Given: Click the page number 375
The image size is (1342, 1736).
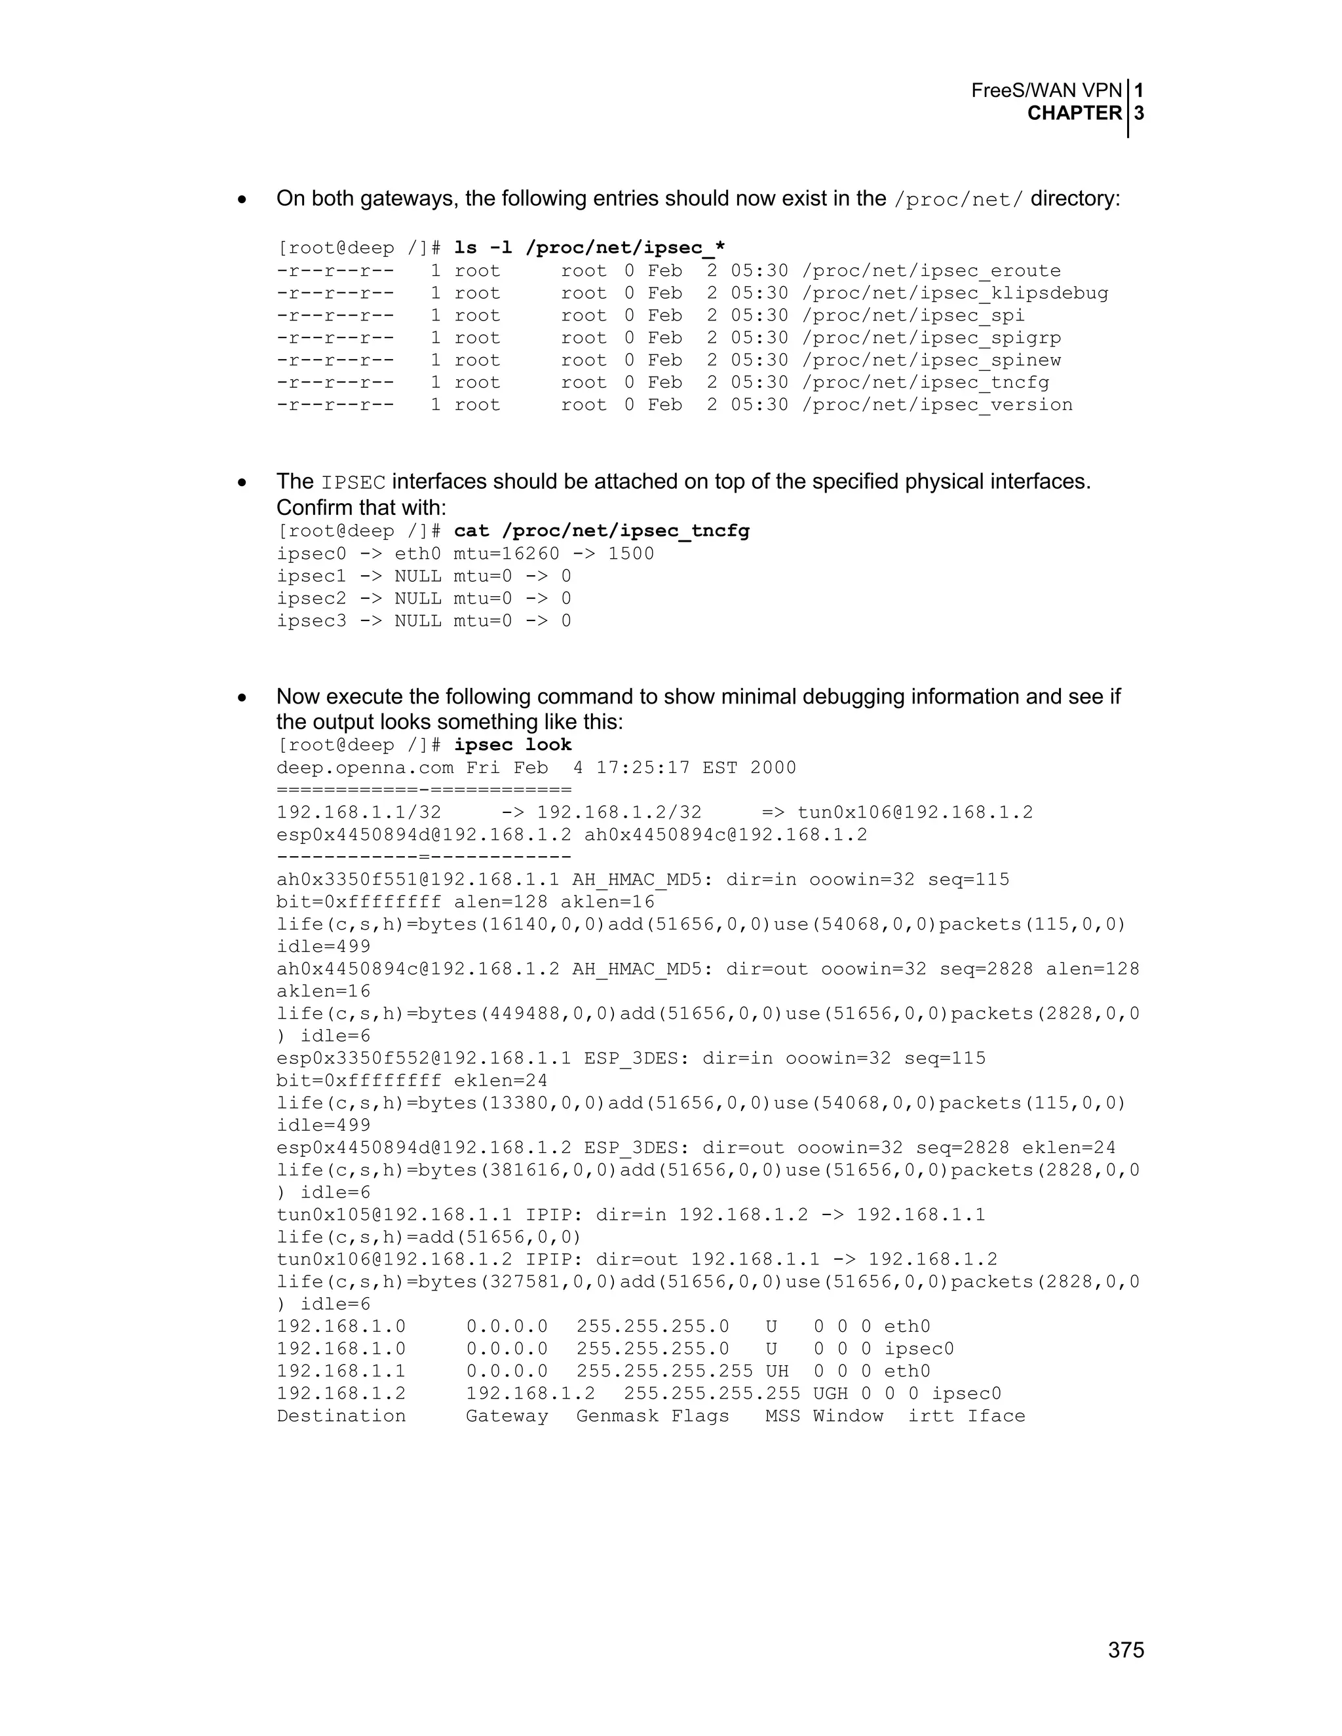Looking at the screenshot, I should (1126, 1650).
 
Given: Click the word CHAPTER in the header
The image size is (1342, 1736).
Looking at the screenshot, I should (1074, 114).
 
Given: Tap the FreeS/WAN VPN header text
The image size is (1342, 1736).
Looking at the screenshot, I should (1046, 90).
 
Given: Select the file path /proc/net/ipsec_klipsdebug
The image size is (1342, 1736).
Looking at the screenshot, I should (955, 293).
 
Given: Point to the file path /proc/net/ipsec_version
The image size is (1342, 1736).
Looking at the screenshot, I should (937, 405).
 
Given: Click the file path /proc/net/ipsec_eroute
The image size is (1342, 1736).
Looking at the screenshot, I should (931, 271).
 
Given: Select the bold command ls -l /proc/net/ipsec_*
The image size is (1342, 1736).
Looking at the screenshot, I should (589, 248).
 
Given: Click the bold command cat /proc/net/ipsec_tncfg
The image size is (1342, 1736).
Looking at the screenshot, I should (601, 531).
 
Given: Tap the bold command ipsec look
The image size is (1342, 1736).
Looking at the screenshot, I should (513, 745).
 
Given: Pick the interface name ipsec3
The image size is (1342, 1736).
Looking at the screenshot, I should (312, 621).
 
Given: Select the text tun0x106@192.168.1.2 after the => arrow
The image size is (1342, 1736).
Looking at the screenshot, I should (915, 812).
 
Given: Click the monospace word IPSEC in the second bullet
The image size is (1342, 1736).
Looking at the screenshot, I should (353, 483).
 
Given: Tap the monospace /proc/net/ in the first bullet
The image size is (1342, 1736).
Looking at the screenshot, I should (958, 200).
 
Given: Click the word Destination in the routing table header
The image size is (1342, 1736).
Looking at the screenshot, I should (341, 1416).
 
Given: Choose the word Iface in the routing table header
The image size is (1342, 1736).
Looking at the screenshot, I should (996, 1416).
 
